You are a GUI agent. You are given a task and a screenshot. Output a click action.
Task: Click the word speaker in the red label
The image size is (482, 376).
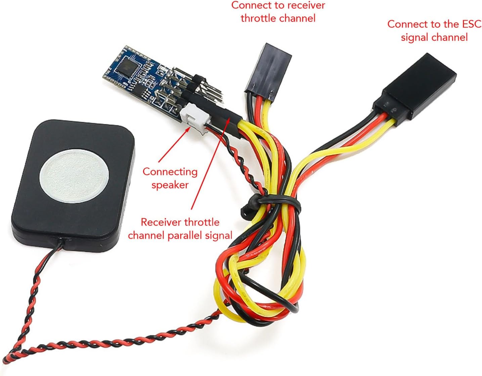pos(170,185)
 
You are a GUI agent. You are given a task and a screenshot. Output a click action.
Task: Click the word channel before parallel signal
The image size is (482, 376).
pos(146,235)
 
